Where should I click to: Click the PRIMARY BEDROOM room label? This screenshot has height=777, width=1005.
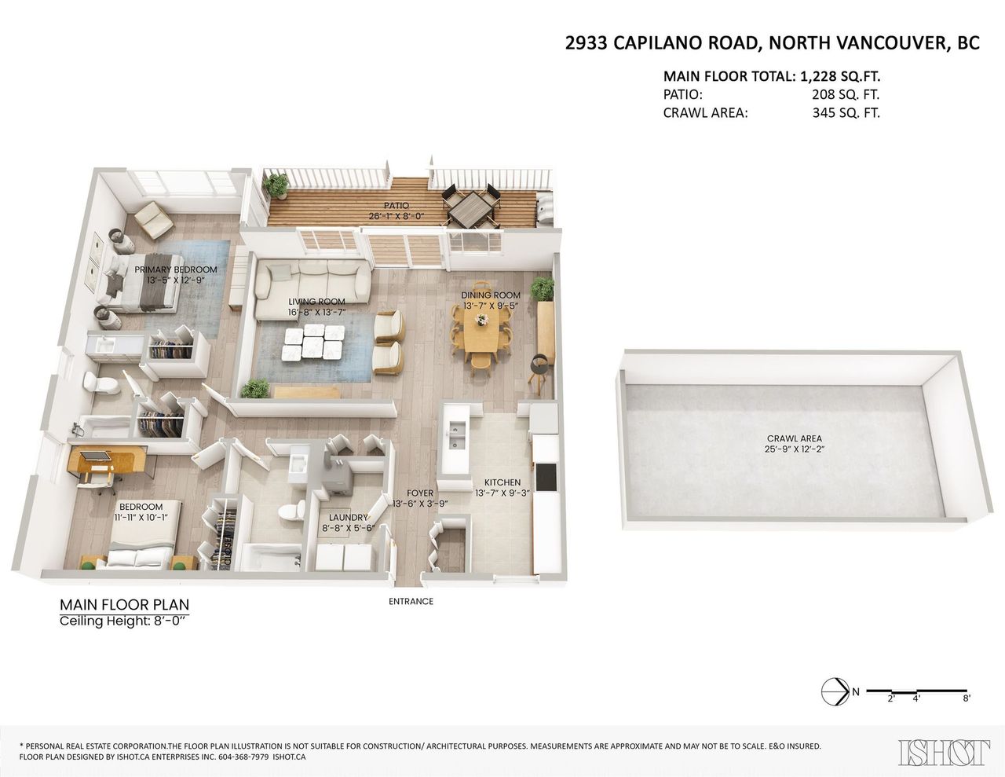coord(176,269)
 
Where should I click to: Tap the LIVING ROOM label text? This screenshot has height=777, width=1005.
coord(316,302)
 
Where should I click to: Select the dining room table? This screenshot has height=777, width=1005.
coord(481,332)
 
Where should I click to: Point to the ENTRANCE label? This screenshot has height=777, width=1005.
coord(411,601)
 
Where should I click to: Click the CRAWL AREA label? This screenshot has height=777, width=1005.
coord(794,438)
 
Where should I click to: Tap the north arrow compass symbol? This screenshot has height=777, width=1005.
coord(835,704)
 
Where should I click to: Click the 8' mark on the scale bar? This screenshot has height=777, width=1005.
coord(967,711)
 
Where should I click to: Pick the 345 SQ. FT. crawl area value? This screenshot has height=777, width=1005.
coord(846,113)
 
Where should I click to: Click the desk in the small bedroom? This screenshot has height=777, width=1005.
coord(107,460)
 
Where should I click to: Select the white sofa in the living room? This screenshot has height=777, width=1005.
coord(312,289)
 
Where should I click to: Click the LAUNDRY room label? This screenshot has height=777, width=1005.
coord(349,518)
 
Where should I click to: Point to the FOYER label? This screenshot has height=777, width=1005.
coord(420,493)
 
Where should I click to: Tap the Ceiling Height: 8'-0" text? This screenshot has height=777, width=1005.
coord(125,621)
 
